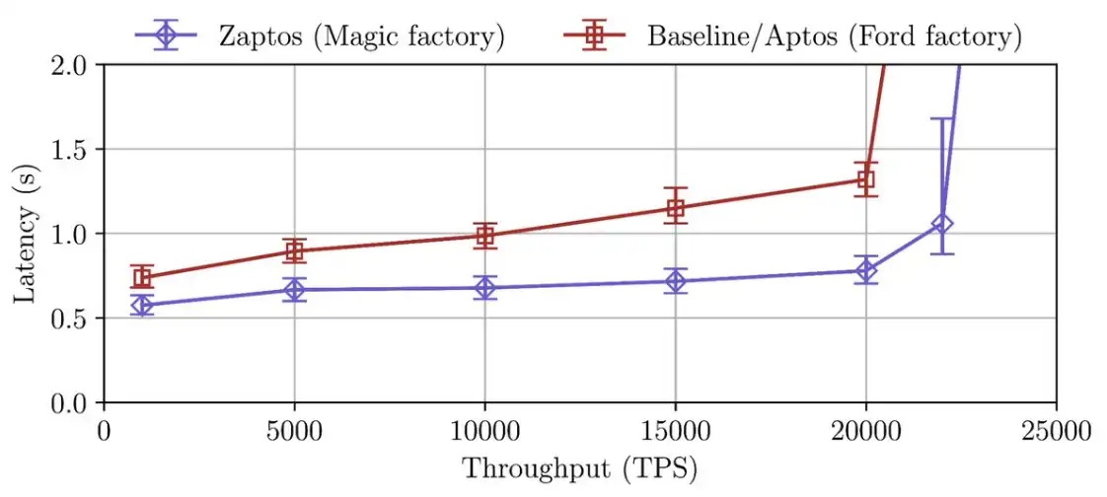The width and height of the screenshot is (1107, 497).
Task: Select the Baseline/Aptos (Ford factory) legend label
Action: point(834,36)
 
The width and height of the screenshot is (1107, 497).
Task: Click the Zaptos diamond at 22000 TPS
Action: point(942,224)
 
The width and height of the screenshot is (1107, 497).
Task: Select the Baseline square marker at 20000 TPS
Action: point(866,179)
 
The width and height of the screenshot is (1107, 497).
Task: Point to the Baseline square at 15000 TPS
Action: point(676,207)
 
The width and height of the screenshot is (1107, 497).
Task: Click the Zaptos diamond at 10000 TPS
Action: point(484,288)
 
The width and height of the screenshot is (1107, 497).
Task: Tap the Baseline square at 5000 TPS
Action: point(294,250)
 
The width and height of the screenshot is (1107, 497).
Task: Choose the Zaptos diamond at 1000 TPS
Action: point(142,305)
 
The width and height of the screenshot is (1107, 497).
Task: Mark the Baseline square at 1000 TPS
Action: point(142,277)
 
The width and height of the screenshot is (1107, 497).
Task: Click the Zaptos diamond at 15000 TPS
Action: point(676,281)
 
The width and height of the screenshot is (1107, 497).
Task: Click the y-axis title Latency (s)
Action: point(23,234)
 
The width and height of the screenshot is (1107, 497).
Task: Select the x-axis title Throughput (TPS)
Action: point(580,467)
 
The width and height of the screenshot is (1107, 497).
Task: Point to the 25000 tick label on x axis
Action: point(1056,431)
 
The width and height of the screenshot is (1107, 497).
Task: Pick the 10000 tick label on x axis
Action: point(484,431)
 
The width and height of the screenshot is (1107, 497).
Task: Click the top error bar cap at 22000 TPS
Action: point(942,119)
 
